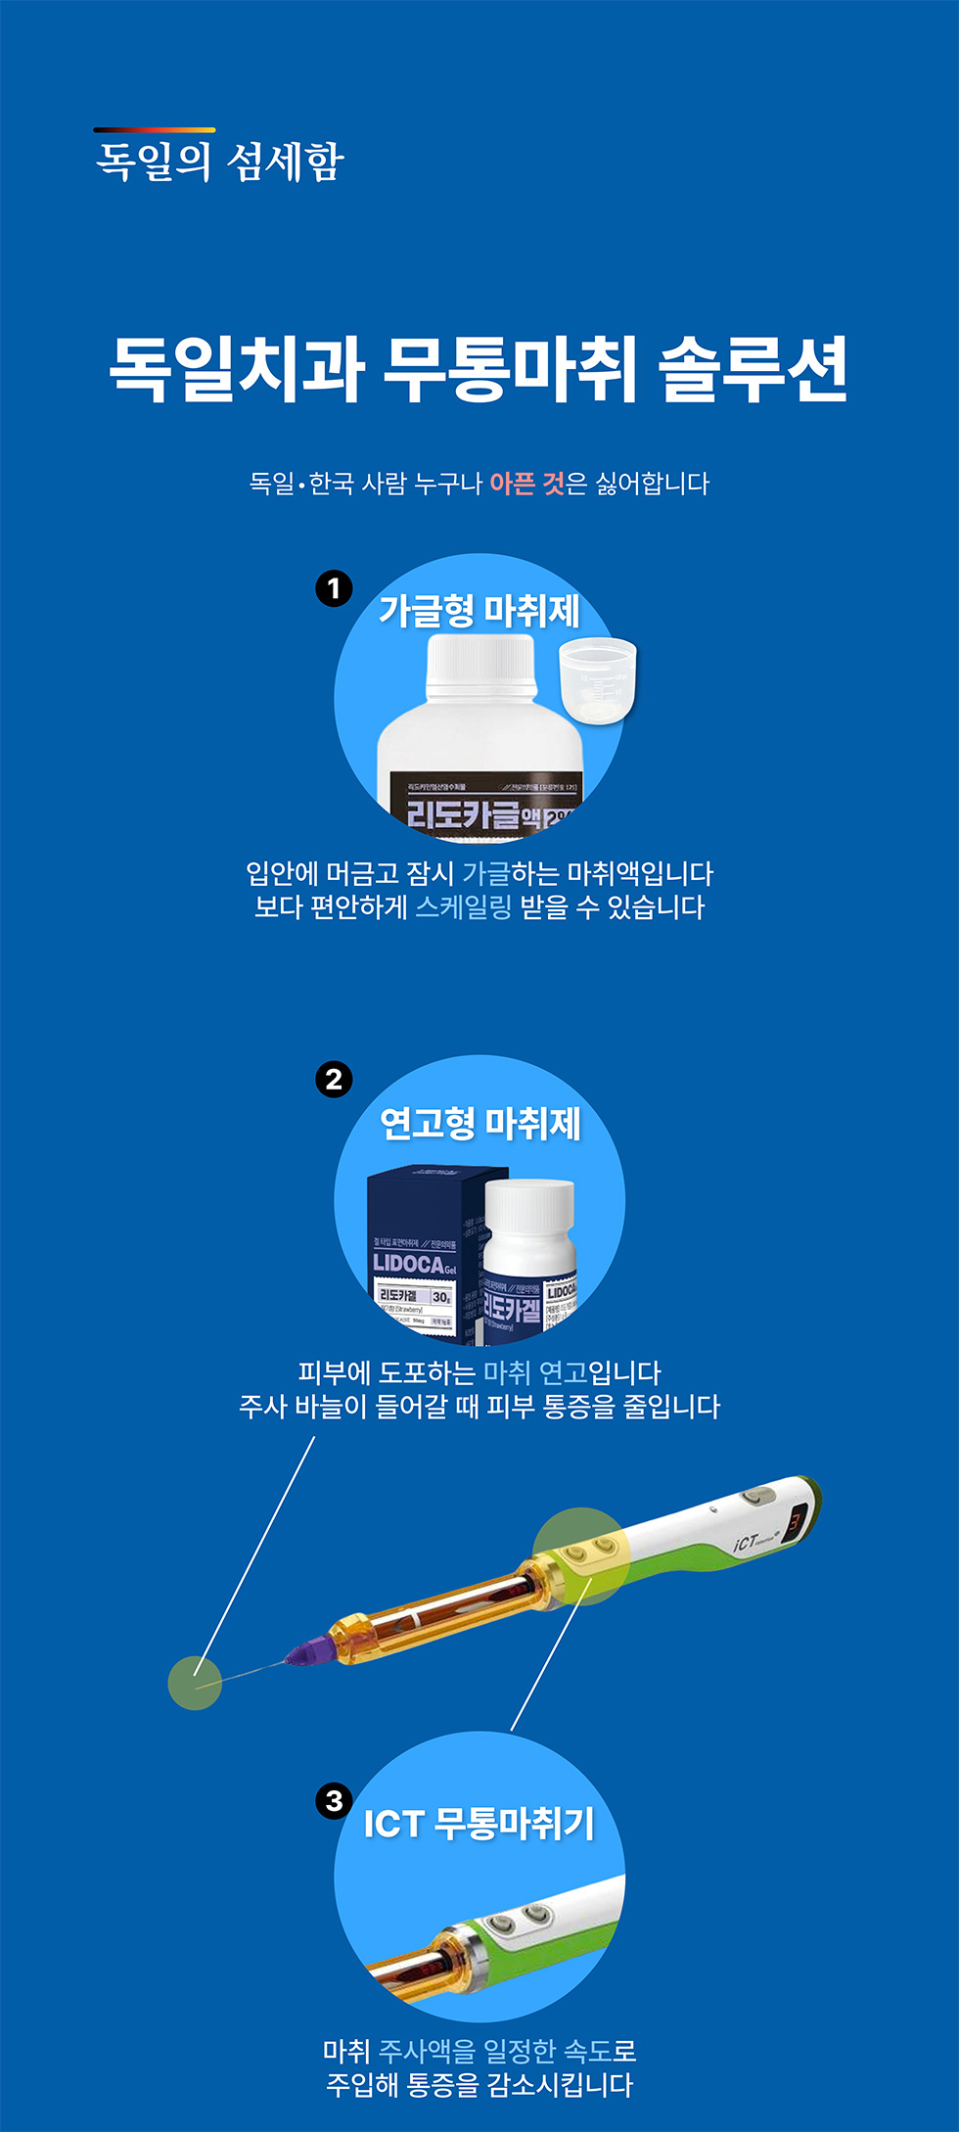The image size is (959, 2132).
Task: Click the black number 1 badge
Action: (x=334, y=588)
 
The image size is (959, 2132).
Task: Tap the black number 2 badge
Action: (x=334, y=1079)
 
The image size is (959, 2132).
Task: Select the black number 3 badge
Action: (x=334, y=1800)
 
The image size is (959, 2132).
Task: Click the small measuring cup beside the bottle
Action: (x=597, y=679)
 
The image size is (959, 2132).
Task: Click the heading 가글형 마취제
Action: (x=479, y=612)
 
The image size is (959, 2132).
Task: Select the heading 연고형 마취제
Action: (x=479, y=1124)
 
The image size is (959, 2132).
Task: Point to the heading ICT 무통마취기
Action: (x=479, y=1823)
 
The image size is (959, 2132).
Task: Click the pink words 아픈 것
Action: (x=526, y=484)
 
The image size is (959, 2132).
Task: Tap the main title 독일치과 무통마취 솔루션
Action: (x=479, y=369)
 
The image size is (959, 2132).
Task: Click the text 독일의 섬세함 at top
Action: (x=219, y=162)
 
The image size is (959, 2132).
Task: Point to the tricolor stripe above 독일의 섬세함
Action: (x=154, y=129)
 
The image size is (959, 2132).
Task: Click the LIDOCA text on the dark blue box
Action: (x=409, y=1264)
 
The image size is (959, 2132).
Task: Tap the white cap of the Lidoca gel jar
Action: (x=529, y=1203)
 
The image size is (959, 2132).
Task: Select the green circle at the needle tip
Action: (x=195, y=1683)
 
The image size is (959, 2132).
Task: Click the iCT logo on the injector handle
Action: (x=746, y=1543)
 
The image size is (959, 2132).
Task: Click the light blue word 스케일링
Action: (x=464, y=907)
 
